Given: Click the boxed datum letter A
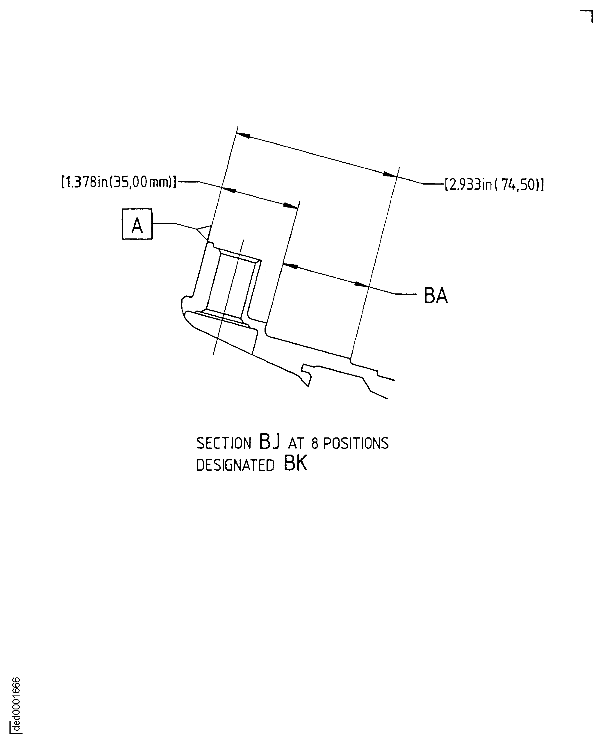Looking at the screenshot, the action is click(137, 224).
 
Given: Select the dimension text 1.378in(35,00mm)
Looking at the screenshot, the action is click(119, 182).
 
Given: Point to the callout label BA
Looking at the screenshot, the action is click(436, 296).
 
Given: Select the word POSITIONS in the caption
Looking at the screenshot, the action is click(356, 444).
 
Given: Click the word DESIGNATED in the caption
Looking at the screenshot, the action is click(235, 466).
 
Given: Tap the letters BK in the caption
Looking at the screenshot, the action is click(296, 464).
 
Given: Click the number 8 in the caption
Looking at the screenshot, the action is click(315, 444).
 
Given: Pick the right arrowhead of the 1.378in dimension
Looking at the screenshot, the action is click(291, 206).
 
